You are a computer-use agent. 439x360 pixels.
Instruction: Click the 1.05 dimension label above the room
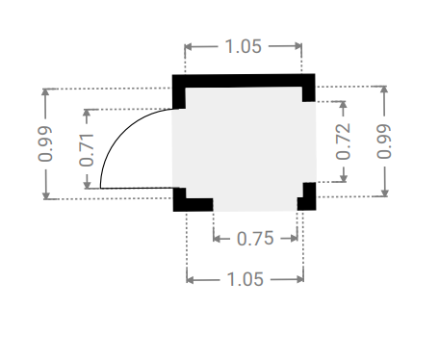tap(244, 46)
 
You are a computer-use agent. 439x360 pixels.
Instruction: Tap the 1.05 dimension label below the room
tap(245, 279)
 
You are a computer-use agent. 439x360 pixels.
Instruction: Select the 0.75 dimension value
tap(255, 239)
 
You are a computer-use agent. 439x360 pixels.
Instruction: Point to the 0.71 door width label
tap(87, 150)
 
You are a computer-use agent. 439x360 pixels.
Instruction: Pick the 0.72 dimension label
tap(343, 141)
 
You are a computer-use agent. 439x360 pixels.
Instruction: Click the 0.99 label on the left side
tap(45, 143)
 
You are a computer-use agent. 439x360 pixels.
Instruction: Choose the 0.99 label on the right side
tap(384, 141)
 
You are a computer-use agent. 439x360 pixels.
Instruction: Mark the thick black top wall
tap(244, 81)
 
